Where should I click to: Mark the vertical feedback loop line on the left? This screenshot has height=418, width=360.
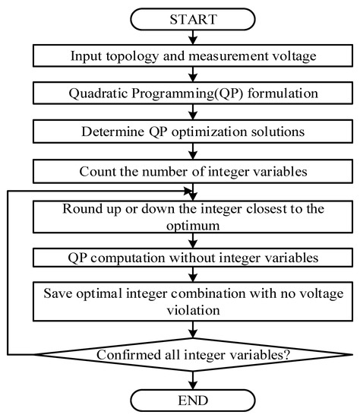(8, 274)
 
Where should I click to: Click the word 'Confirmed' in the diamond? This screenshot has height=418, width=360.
(126, 354)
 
